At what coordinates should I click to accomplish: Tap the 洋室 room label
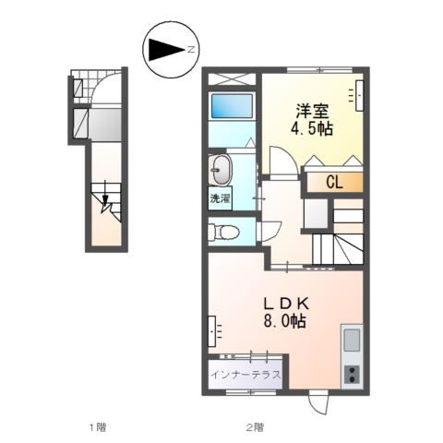pyautogui.click(x=310, y=108)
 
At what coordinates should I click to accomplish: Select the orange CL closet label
pyautogui.click(x=333, y=183)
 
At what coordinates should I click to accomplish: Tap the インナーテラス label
pyautogui.click(x=245, y=374)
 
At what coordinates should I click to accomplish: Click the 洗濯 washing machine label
pyautogui.click(x=220, y=198)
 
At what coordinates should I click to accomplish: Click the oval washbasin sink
pyautogui.click(x=221, y=170)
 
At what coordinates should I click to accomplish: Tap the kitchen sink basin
pyautogui.click(x=352, y=340)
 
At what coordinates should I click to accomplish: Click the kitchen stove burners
pyautogui.click(x=352, y=374)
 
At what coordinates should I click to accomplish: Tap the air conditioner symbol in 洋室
pyautogui.click(x=358, y=93)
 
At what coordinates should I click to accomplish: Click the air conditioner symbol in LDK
pyautogui.click(x=214, y=329)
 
